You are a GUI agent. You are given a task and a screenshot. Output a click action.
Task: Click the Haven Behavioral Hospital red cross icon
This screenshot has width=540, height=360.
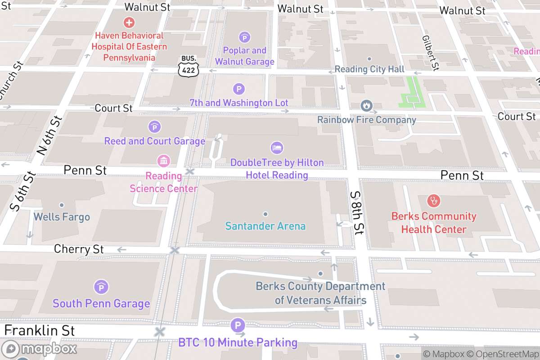coord(129,22)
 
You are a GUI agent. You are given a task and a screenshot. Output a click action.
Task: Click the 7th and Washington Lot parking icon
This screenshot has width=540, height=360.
coord(239,89)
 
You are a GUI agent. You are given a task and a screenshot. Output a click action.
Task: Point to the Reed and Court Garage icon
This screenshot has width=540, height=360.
coord(154,127)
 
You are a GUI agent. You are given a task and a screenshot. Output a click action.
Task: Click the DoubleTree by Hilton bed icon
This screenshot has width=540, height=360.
coord(277,148)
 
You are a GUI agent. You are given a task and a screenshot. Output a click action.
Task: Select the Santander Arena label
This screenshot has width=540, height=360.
coord(265,226)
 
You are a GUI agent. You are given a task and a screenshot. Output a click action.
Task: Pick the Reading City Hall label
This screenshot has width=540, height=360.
coord(369,69)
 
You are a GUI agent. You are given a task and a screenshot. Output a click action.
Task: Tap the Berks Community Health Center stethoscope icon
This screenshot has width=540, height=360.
coord(434,201)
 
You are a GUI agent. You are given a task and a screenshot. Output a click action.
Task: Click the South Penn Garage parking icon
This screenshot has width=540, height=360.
coord(101,287)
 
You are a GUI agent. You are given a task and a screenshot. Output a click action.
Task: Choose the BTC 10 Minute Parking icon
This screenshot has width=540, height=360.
coord(238,325)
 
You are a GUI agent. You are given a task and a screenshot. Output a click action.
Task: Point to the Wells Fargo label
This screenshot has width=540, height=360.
coord(62,217)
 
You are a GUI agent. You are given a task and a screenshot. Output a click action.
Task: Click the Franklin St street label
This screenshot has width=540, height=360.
coord(40,331)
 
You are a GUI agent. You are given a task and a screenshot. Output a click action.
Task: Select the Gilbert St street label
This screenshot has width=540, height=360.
coord(430,53)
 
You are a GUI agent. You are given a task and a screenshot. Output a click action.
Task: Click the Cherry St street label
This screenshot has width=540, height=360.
coord(79,249)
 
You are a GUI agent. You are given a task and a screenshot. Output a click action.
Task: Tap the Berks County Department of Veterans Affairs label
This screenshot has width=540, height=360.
coord(320,293)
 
